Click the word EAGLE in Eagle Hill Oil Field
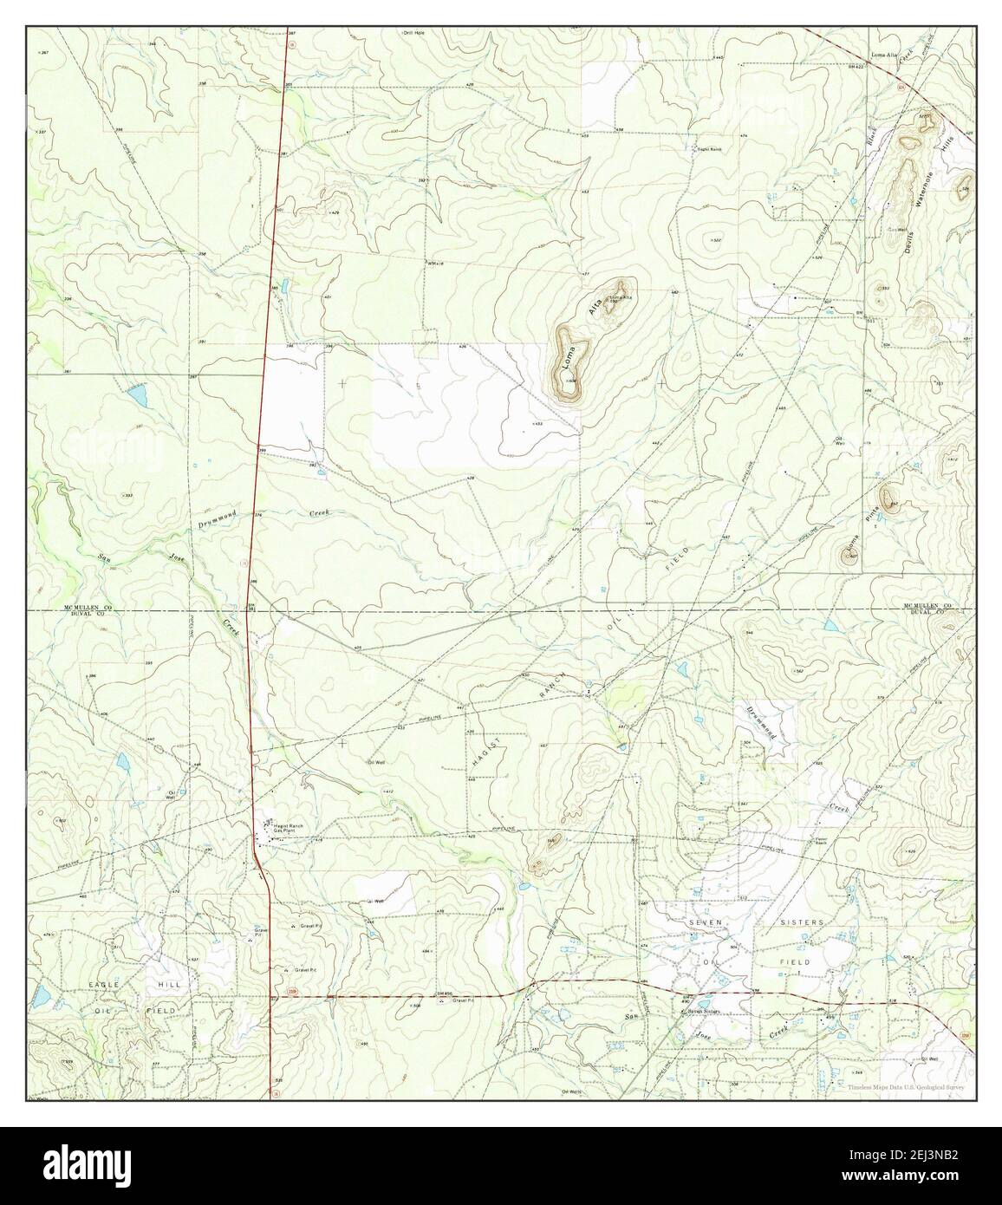click(x=102, y=987)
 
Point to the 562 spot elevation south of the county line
click(x=799, y=670)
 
